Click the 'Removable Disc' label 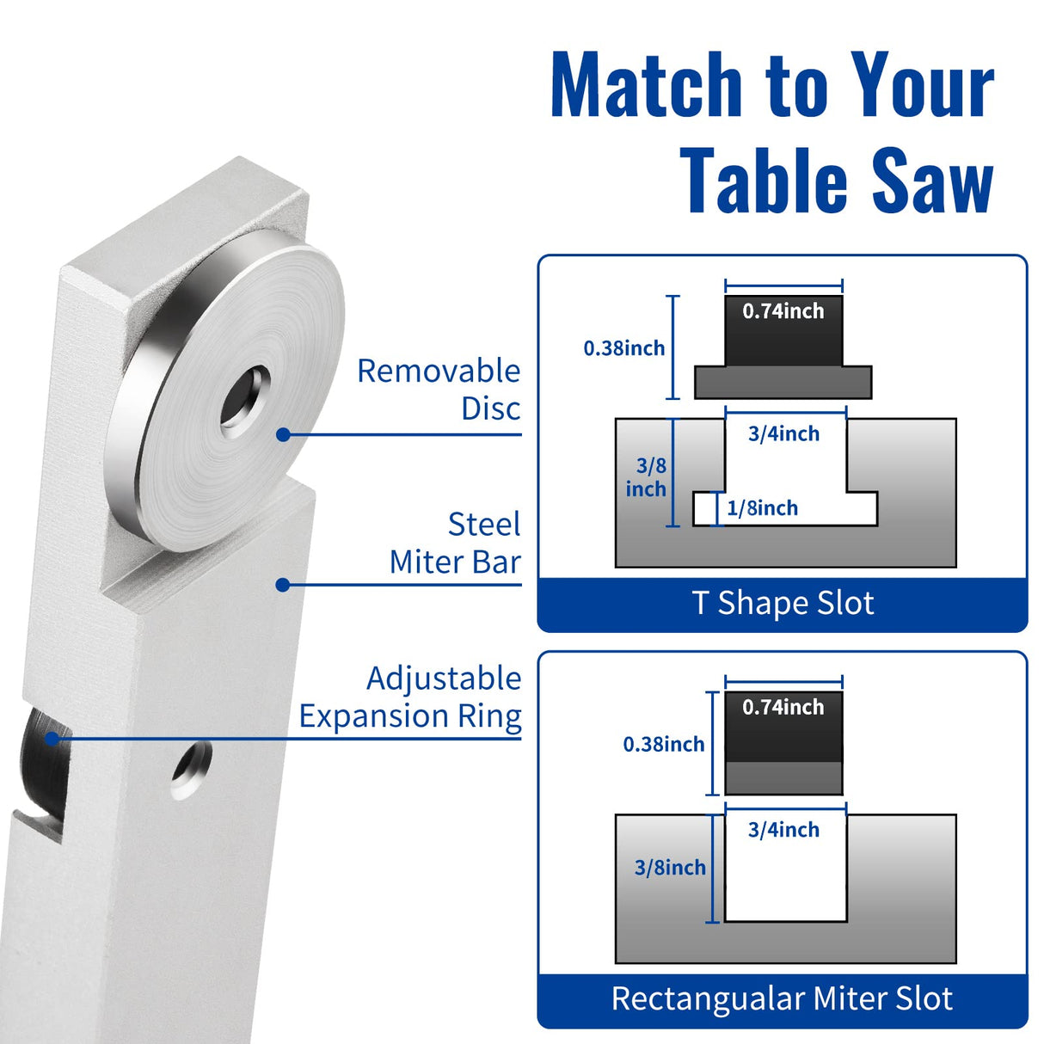point(439,390)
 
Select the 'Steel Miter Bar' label point(455,543)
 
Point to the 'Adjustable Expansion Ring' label point(410,697)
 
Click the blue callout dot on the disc point(283,434)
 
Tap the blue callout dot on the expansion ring point(52,738)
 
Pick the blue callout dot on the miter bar point(282,585)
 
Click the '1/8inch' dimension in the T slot point(762,508)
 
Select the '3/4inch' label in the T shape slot point(783,433)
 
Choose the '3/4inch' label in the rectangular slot point(783,830)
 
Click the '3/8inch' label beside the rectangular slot point(670,868)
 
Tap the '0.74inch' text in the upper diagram point(783,311)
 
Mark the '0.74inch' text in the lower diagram point(783,707)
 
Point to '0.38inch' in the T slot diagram point(624,348)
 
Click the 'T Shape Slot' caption point(783,603)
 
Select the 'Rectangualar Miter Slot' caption point(782,998)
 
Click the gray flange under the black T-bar point(783,382)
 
